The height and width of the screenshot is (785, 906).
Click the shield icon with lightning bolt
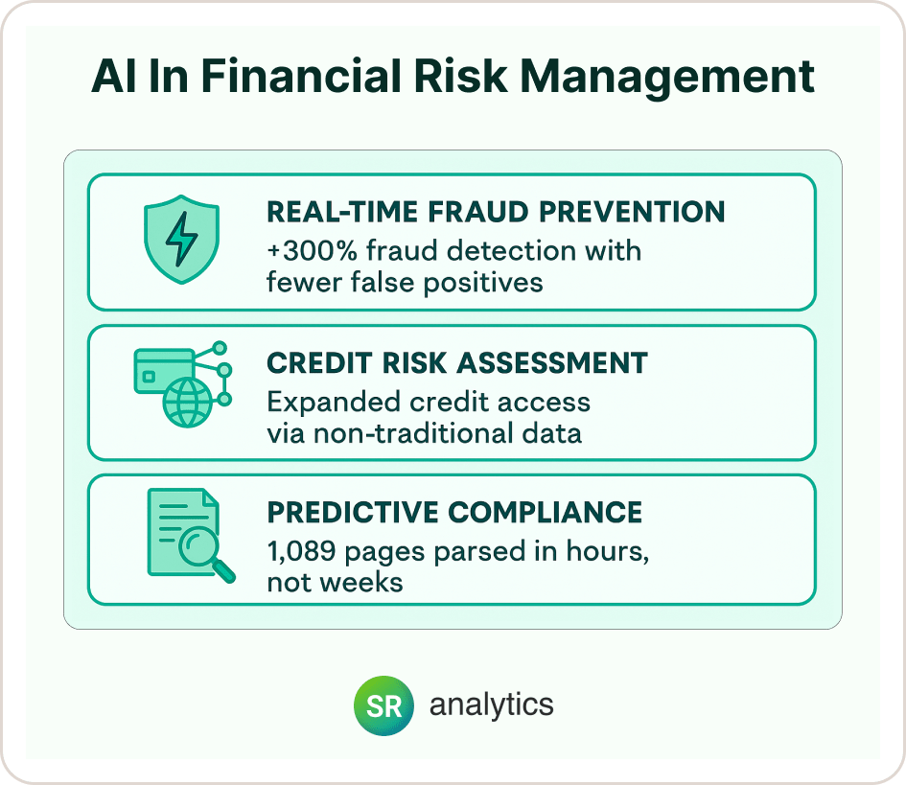coord(181,239)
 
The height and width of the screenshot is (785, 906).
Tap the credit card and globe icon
coord(182,384)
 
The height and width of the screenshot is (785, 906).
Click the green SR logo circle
coord(383,705)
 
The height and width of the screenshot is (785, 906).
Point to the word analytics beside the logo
coord(491,705)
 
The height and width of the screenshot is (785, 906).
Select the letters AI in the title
coord(108,76)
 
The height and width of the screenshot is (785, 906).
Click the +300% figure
coord(312,251)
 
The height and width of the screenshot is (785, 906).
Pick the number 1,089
coord(301,552)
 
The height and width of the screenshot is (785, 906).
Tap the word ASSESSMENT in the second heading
coord(552,362)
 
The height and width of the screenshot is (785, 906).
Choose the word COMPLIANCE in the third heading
coord(545,512)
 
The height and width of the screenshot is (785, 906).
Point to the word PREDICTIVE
coord(353,512)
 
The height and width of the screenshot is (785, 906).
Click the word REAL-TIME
coord(342,212)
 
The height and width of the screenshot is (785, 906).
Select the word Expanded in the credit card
coord(334,403)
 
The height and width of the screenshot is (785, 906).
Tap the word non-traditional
coord(413,433)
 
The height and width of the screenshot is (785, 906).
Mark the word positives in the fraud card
coord(483,284)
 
